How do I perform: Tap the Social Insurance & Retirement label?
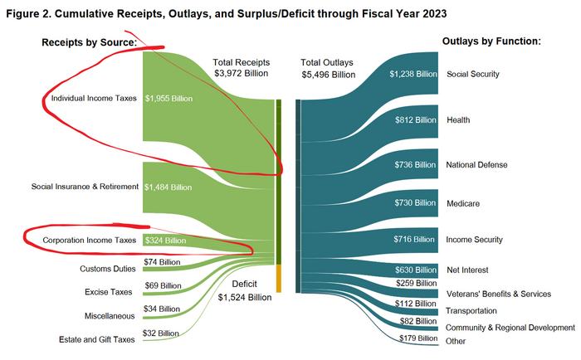tap(85, 187)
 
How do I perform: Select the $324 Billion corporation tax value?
tap(165, 241)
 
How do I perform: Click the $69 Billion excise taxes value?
tap(163, 286)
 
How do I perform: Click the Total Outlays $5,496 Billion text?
tap(328, 68)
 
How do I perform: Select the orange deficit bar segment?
tap(279, 278)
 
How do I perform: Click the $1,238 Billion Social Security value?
tap(413, 74)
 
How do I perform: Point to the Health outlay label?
tap(458, 120)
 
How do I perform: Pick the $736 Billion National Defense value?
tap(413, 165)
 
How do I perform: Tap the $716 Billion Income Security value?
tap(413, 240)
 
